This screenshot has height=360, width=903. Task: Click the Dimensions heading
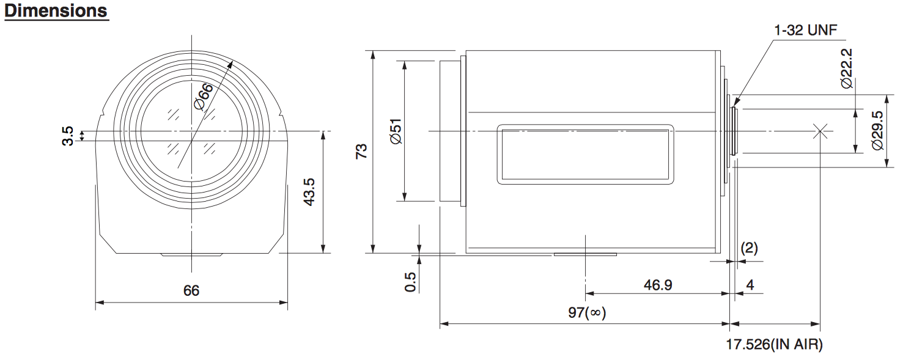pyautogui.click(x=56, y=10)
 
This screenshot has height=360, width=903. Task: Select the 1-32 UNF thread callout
pyautogui.click(x=805, y=30)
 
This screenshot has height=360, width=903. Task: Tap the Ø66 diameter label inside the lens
pyautogui.click(x=203, y=97)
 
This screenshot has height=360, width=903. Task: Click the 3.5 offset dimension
pyautogui.click(x=68, y=136)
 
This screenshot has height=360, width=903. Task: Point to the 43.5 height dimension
pyautogui.click(x=309, y=193)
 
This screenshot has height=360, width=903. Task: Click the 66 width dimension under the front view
pyautogui.click(x=191, y=290)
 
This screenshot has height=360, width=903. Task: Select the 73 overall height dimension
pyautogui.click(x=361, y=151)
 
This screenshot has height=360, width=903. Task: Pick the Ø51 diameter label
pyautogui.click(x=396, y=131)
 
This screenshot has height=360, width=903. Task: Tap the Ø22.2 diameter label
pyautogui.click(x=847, y=68)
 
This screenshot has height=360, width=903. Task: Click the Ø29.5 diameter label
pyautogui.click(x=877, y=131)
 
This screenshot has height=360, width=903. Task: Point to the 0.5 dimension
pyautogui.click(x=410, y=282)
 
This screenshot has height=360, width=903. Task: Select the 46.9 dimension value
pyautogui.click(x=658, y=285)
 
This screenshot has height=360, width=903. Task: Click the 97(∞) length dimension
pyautogui.click(x=587, y=312)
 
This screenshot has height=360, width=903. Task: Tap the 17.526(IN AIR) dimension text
pyautogui.click(x=775, y=344)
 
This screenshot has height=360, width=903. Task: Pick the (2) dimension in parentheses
pyautogui.click(x=750, y=248)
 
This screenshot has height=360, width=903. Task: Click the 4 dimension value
pyautogui.click(x=750, y=285)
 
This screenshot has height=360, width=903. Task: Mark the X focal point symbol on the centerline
pyautogui.click(x=820, y=131)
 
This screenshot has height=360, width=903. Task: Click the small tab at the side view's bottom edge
pyautogui.click(x=585, y=254)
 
